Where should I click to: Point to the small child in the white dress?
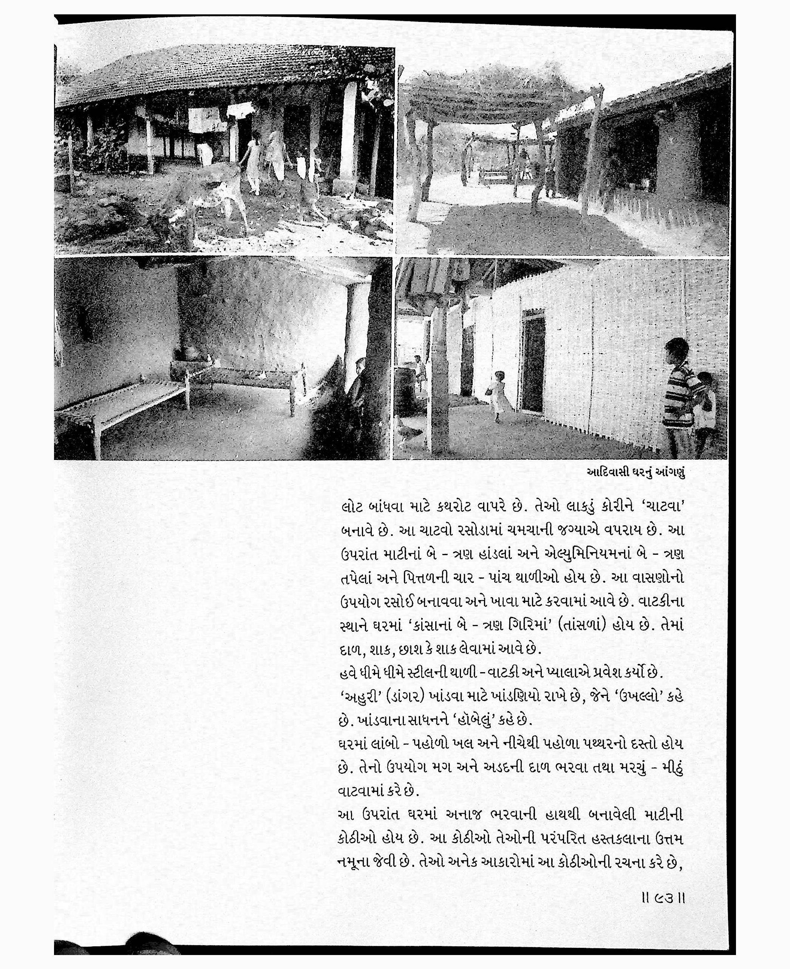(498, 395)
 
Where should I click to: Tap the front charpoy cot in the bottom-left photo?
(123, 400)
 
